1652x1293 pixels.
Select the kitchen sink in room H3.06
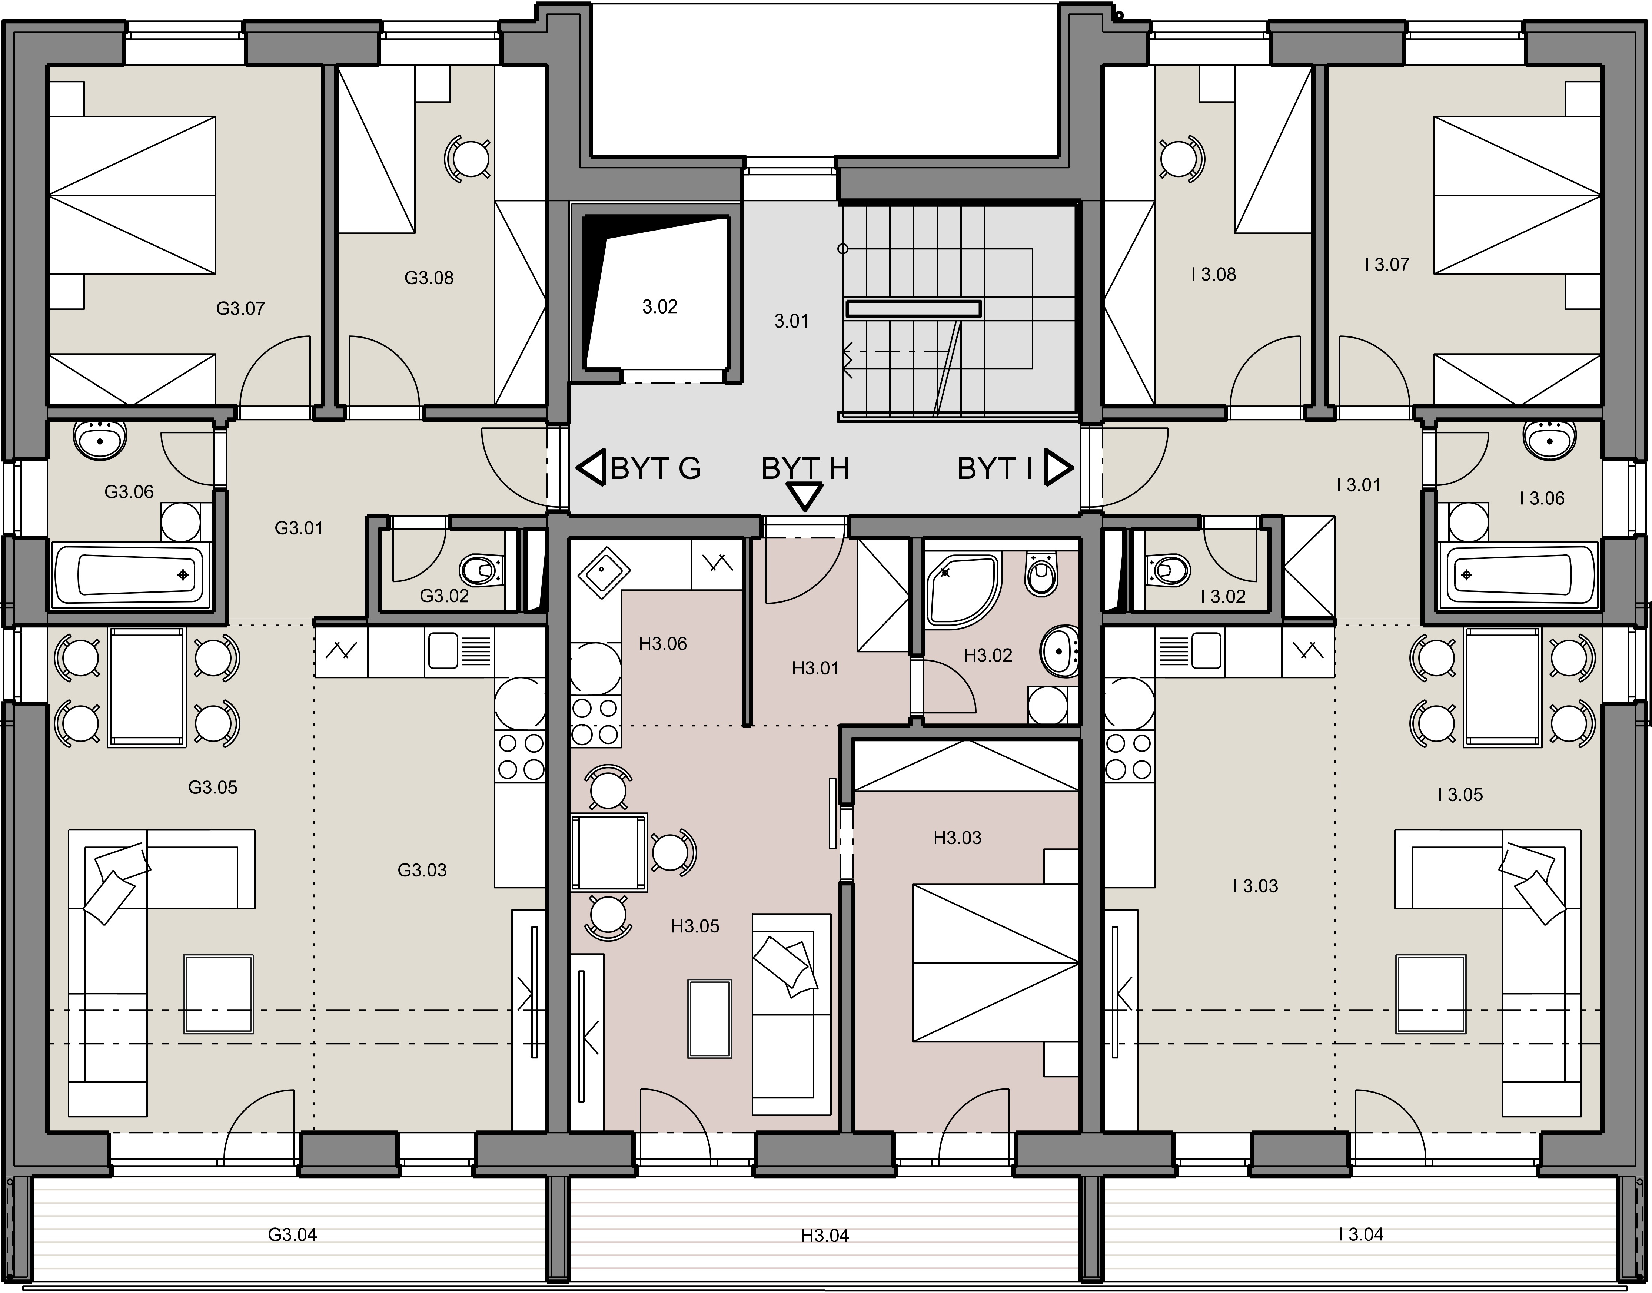click(603, 571)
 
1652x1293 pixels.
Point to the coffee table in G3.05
click(219, 993)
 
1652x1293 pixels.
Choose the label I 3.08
click(1213, 275)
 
